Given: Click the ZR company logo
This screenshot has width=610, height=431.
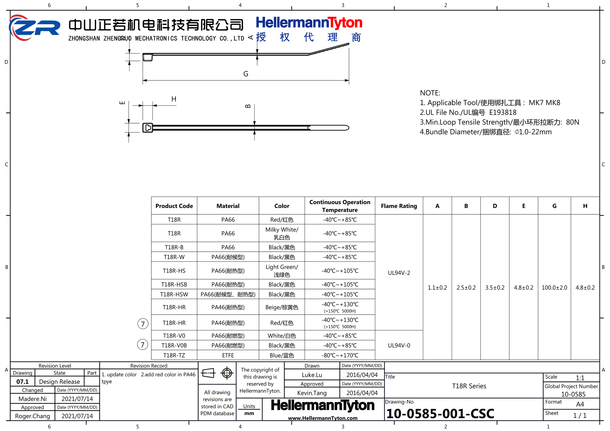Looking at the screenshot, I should [x=35, y=28].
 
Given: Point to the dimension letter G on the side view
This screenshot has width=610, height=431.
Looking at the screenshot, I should [x=246, y=74].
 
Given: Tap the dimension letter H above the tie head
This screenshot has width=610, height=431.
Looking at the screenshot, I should [x=174, y=99].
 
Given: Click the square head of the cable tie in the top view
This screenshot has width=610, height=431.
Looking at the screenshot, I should [x=148, y=128].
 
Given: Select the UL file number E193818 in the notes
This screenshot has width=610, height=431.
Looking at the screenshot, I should [x=503, y=112].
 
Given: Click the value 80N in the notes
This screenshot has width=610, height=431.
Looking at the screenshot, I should [x=572, y=122].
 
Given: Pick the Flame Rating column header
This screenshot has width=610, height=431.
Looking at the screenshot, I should [x=399, y=206].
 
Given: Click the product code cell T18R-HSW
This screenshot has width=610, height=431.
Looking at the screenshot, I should [x=174, y=294].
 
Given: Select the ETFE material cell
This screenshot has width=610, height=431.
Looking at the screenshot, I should [x=228, y=355].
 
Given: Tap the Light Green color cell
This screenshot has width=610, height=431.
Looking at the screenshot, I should [x=282, y=271].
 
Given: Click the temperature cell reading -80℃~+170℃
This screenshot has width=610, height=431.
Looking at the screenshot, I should [x=340, y=355].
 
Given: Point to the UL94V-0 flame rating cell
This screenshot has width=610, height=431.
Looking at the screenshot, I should [x=399, y=345].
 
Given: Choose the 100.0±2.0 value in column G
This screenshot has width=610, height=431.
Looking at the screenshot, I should [x=554, y=288].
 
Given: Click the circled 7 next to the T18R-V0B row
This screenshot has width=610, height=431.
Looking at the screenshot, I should [x=142, y=345].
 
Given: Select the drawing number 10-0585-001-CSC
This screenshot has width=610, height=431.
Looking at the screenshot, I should [x=440, y=414].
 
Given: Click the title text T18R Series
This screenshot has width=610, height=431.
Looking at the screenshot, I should [x=469, y=386].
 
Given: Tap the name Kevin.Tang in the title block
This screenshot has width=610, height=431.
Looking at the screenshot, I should [x=312, y=393].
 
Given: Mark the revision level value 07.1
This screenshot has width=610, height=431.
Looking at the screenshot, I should [x=22, y=382].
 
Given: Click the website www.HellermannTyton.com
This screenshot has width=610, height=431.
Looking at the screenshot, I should [x=323, y=418].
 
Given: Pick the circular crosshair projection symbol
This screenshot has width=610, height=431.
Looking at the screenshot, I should [x=227, y=373].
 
